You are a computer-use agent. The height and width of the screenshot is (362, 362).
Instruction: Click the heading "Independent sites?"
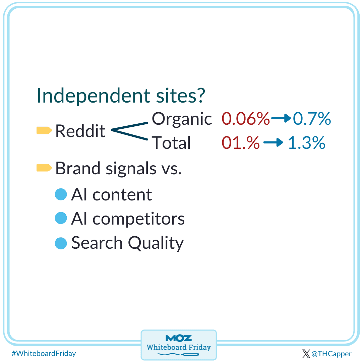point(120,96)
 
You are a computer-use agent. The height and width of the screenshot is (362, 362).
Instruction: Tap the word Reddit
point(80,131)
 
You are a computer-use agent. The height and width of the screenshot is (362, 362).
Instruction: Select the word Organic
point(182,119)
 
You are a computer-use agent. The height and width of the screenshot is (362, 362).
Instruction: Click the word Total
point(171,143)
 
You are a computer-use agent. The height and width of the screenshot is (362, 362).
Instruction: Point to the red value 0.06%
point(245,119)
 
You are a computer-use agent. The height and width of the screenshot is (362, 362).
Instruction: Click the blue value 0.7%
point(312,119)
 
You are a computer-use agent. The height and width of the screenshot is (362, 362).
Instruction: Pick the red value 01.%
point(240,143)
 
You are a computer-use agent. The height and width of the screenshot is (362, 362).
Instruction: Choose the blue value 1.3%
point(306,143)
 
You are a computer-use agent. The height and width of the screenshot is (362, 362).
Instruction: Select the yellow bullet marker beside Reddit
point(44,130)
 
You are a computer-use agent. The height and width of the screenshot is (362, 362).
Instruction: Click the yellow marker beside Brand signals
point(44,168)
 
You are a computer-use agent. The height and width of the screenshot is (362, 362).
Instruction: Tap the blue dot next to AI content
point(61,194)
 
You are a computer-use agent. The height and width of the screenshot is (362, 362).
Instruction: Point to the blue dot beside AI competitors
point(61,219)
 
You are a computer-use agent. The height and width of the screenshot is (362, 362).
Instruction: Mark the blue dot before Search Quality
point(61,243)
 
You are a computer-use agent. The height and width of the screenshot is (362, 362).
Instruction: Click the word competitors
point(138,219)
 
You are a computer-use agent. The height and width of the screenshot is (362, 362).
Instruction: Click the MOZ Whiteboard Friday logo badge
point(179,345)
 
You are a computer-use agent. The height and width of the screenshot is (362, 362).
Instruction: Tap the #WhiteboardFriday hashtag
point(44,353)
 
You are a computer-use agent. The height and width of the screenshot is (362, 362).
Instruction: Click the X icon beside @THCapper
point(306,354)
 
